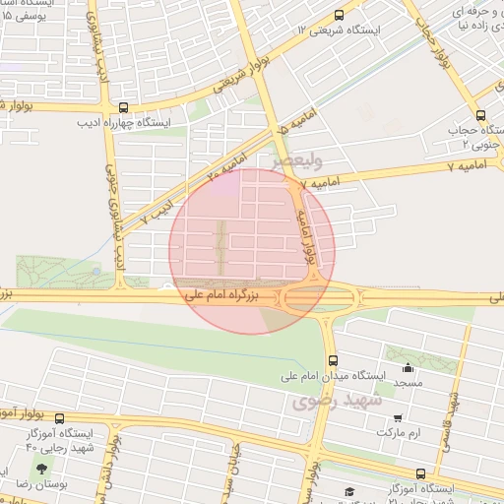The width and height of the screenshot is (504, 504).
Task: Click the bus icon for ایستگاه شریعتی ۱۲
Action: pyautogui.click(x=340, y=15)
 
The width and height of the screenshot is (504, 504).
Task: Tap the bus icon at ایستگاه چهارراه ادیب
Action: pyautogui.click(x=123, y=108)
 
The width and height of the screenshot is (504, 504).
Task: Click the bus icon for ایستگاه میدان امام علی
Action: pyautogui.click(x=333, y=360)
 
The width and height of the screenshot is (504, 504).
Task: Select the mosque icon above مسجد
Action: pyautogui.click(x=408, y=368)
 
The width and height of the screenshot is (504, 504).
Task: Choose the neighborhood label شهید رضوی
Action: pyautogui.click(x=328, y=402)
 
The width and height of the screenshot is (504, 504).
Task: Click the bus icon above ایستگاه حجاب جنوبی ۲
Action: pyautogui.click(x=480, y=114)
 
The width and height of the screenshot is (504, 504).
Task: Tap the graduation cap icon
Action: pyautogui.click(x=349, y=492)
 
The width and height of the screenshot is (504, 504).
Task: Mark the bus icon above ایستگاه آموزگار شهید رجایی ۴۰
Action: pyautogui.click(x=59, y=418)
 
